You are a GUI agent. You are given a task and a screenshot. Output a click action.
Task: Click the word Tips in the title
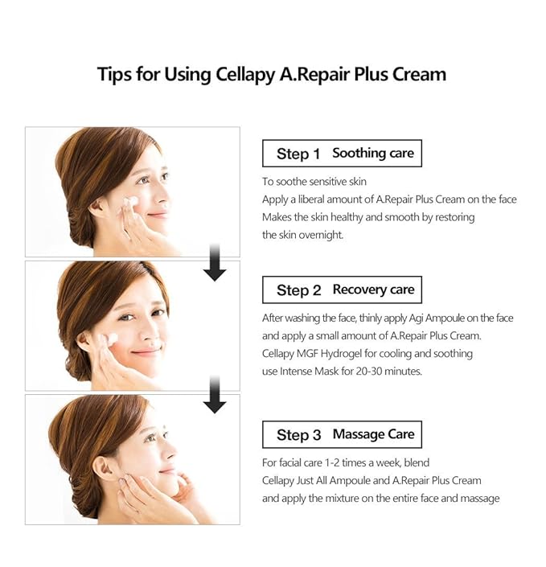tap(116, 74)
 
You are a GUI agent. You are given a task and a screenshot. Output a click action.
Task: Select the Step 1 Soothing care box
tap(342, 153)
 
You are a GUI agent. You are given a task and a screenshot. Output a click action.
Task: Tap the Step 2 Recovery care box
tap(342, 290)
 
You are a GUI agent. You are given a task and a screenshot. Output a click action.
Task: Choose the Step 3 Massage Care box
tap(342, 434)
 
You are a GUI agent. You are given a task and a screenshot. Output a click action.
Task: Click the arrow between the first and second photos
tap(215, 267)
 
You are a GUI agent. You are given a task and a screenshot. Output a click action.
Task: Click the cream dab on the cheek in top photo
tap(131, 201)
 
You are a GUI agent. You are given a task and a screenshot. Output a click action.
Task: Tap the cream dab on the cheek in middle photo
tap(113, 338)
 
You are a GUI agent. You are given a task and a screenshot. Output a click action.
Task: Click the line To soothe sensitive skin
tap(314, 182)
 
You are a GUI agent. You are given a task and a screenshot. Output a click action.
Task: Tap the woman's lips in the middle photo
tap(146, 351)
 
